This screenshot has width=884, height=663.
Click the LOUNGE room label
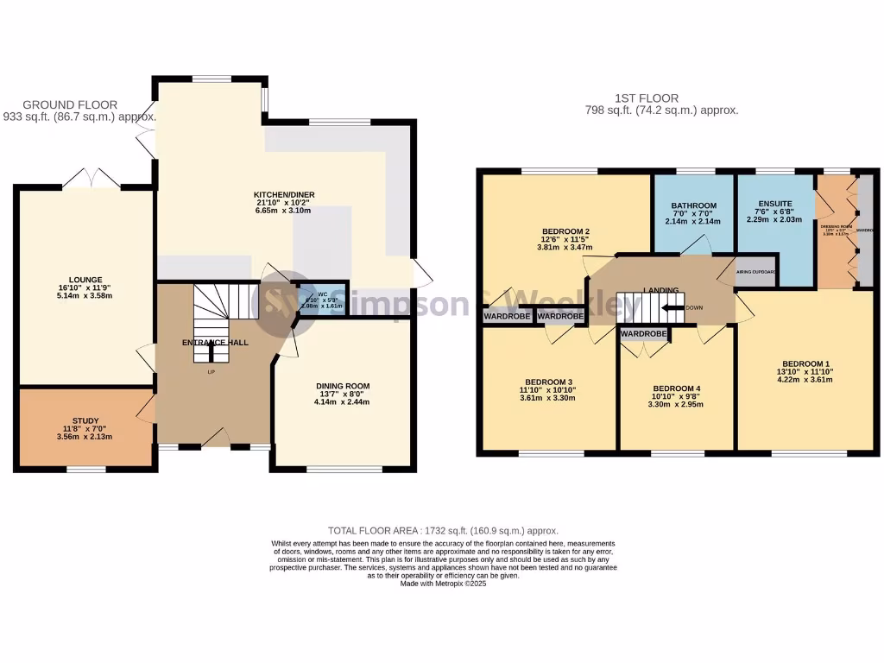(87, 280)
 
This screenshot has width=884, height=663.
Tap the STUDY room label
(87, 419)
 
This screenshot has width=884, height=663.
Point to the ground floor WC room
(321, 300)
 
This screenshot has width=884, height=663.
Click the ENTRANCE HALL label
(215, 343)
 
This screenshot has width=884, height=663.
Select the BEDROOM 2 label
(565, 231)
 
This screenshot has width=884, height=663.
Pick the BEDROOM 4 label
(676, 388)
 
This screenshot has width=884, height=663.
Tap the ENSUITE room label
(774, 205)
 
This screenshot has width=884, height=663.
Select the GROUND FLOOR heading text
(65, 104)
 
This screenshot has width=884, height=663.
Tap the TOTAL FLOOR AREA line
(442, 530)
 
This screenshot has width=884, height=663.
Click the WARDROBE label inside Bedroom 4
(644, 333)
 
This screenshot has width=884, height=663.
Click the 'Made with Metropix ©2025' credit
(444, 584)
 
